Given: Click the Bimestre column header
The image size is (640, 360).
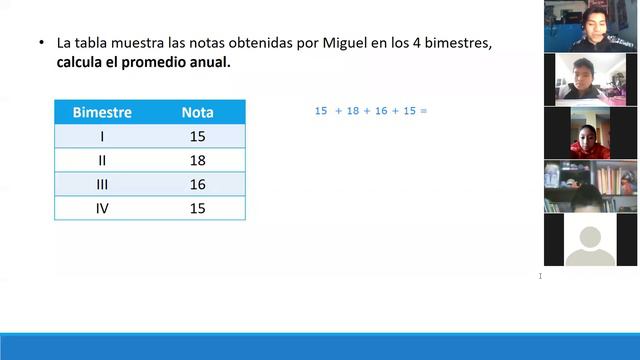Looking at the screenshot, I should pos(102,113).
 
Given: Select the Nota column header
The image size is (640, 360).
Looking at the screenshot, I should pos(197,113).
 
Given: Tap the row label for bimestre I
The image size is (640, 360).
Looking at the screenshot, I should pos(102,136).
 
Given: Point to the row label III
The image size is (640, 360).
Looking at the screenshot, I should pos(102,184).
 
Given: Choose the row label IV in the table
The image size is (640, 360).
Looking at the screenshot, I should pos(102,208).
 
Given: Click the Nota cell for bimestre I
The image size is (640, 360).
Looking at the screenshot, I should pos(197,136).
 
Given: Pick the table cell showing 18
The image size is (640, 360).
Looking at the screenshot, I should pos(197,160).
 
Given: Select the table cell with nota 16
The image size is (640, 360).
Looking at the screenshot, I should pos(197,184).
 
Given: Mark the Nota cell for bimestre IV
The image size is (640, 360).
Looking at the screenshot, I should pos(197,208).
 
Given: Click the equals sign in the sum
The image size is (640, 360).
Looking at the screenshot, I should pos(424,111).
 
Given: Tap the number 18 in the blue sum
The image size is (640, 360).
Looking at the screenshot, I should pos(352,111).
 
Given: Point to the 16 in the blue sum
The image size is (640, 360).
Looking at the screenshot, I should pos(380,111).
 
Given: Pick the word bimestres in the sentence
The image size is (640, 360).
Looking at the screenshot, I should pos(460,44).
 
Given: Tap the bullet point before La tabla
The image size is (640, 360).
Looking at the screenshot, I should pos(41,44).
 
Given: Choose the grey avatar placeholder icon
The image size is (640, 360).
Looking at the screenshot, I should pos(590,241).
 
